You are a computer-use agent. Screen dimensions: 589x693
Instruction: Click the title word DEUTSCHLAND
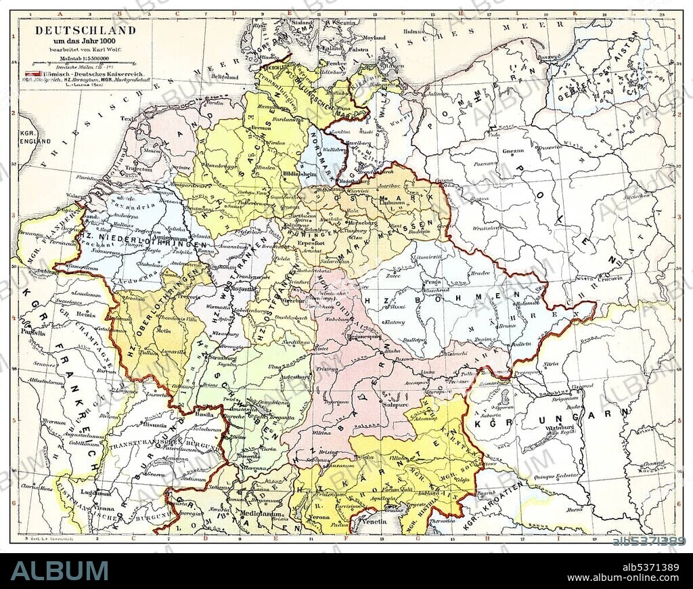pos(85,30)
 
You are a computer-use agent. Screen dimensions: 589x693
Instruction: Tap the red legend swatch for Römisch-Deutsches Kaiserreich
pos(30,72)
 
